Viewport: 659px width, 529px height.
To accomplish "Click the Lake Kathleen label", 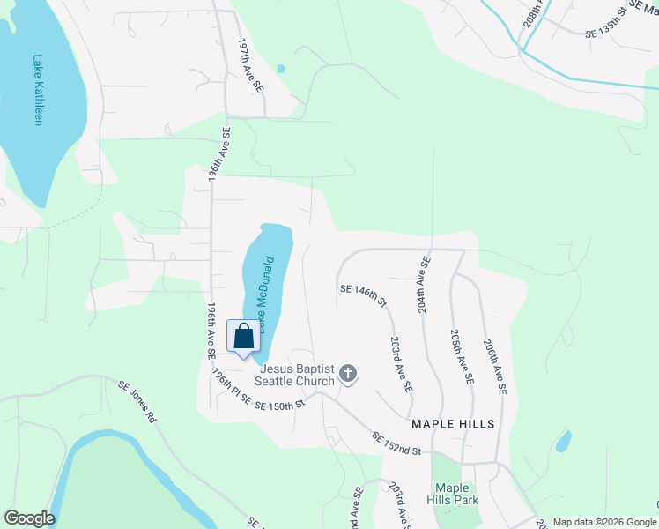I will point(38,91).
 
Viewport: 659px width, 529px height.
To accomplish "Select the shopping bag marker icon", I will point(244,336).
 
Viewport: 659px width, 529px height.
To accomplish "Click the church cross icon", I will point(348,374).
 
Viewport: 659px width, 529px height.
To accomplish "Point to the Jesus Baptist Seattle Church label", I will point(294,375).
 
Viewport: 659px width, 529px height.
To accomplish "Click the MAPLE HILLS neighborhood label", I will point(453,424).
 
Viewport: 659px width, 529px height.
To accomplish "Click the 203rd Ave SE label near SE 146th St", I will point(401,364).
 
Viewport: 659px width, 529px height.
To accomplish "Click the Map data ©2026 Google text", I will point(603,522).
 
